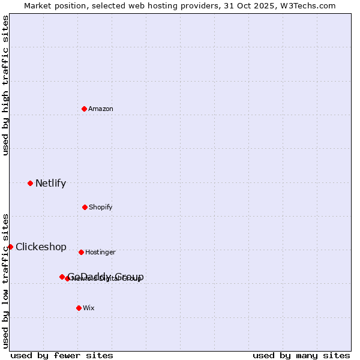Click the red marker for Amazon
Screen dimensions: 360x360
click(84, 109)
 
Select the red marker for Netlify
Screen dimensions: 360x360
click(30, 183)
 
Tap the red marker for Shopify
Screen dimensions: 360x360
click(85, 207)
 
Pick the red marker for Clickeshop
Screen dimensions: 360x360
click(10, 247)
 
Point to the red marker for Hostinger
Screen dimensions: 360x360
click(81, 252)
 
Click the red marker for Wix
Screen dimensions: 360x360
click(79, 308)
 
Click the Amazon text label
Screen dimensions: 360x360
click(101, 109)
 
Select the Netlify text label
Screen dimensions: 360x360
click(50, 183)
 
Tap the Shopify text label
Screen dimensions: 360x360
click(101, 207)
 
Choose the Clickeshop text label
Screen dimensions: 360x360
click(41, 247)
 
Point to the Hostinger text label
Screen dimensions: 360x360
click(100, 252)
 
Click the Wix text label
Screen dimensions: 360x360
click(89, 308)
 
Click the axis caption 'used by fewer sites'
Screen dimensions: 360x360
click(62, 355)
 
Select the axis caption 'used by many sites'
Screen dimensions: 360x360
click(301, 355)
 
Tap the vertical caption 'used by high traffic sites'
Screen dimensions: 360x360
click(5, 85)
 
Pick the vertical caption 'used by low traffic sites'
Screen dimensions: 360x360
click(5, 280)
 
